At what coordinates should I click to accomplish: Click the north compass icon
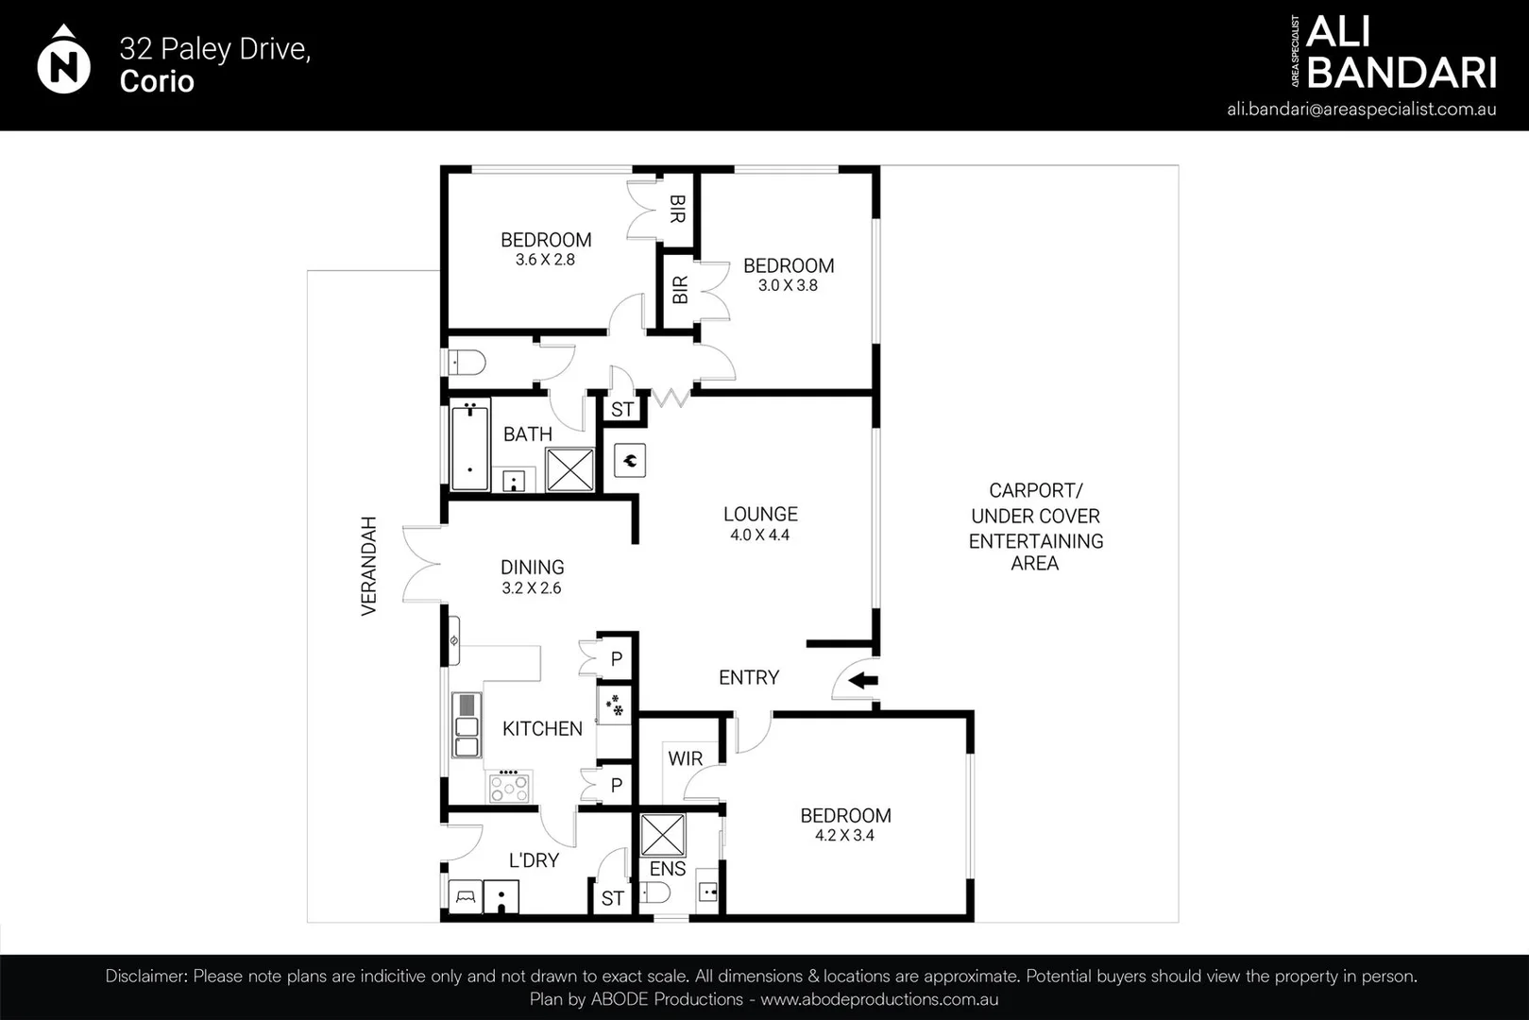pos(63,62)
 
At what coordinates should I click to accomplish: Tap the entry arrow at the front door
pos(864,680)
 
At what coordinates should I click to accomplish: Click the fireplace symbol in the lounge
pos(630,461)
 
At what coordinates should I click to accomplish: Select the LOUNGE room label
pos(760,515)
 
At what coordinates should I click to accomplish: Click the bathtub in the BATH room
pos(469,449)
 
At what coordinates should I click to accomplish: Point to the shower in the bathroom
pos(570,469)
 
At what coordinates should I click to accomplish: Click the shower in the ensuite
pos(662,835)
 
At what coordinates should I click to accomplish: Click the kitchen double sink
pos(467,725)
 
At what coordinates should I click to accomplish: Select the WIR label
pos(685,758)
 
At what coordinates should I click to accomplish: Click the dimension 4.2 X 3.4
pos(844,836)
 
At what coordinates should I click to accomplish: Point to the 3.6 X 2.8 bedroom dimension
pos(545,260)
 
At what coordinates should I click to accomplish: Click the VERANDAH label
pos(368,566)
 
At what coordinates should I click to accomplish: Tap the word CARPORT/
pos(1035,491)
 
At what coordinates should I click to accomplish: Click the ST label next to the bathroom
pos(621,410)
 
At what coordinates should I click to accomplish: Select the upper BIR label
pos(676,209)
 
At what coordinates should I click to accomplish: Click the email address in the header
pos(1361,109)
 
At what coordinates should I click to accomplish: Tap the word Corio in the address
pos(157,81)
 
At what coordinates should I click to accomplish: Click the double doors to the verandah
pos(420,565)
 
